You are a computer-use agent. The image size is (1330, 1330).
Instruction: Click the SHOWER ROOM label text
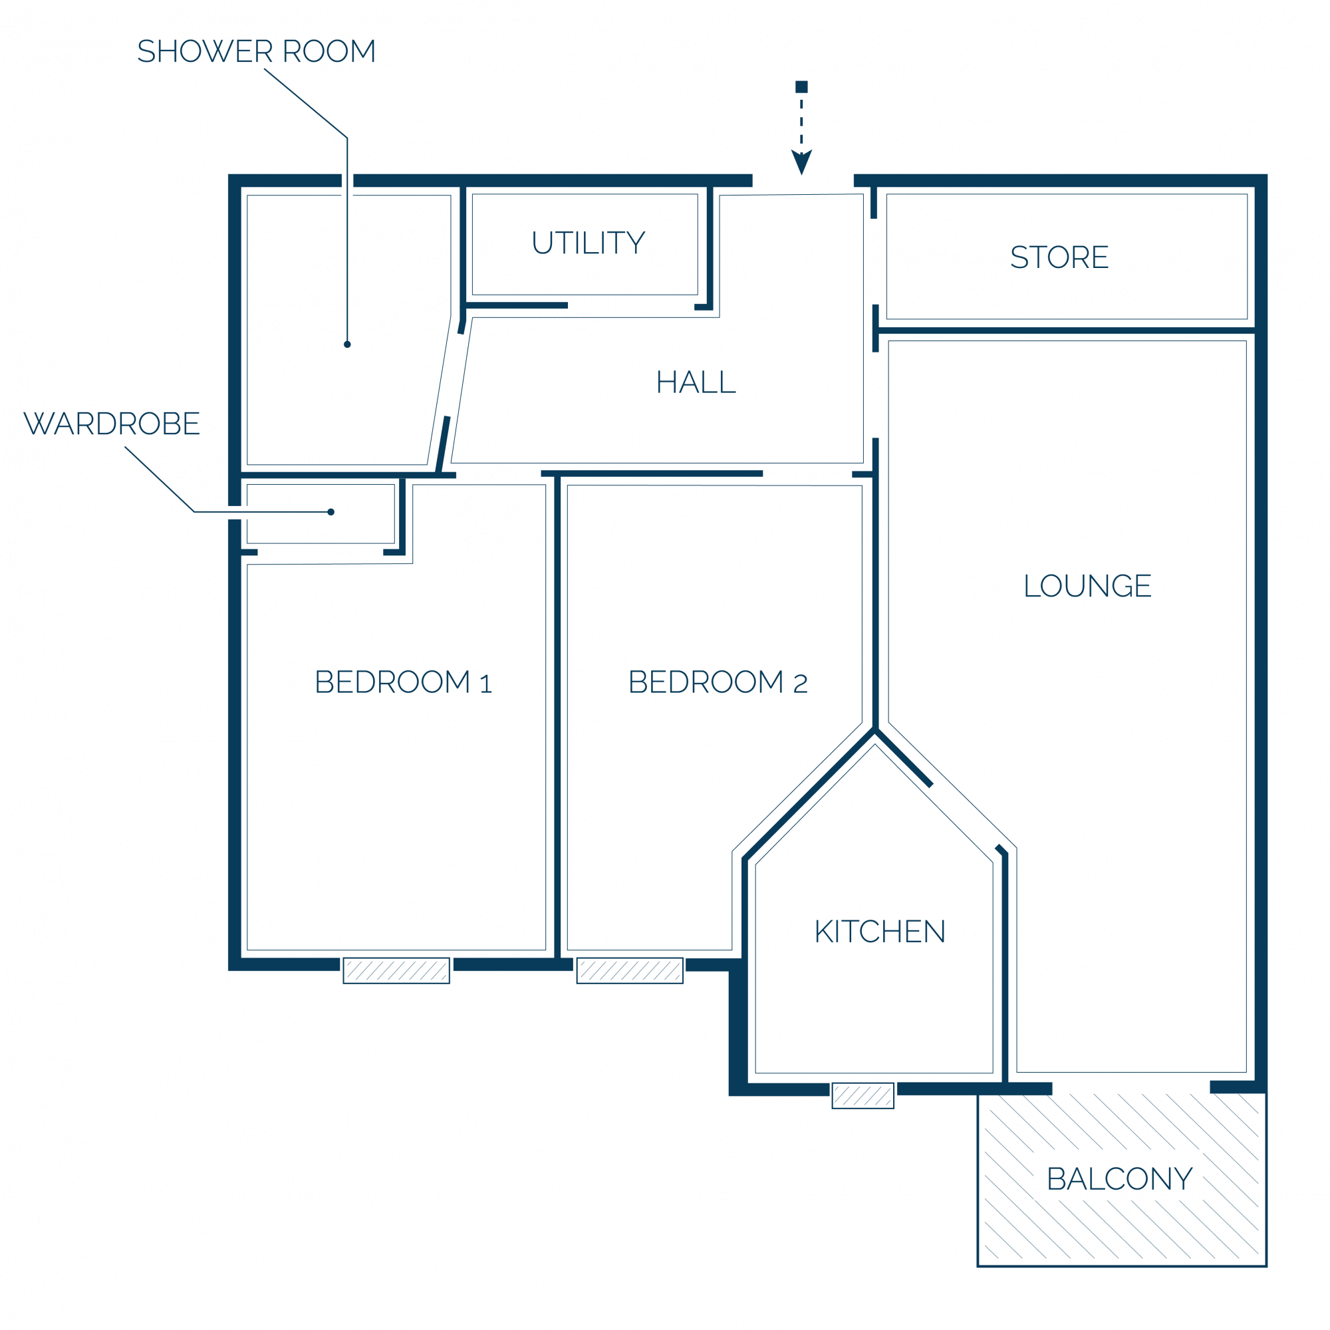point(256,52)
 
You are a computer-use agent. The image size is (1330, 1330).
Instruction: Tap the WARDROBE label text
point(112,424)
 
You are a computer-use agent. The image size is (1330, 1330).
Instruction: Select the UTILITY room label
point(589,243)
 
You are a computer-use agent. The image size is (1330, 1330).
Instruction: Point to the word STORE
point(1059,257)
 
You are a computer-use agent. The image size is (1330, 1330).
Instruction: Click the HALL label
point(696,382)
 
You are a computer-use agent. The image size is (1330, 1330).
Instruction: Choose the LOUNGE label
point(1088,586)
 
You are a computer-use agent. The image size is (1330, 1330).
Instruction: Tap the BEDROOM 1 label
point(404,682)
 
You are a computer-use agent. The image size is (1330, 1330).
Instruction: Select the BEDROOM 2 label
point(718,682)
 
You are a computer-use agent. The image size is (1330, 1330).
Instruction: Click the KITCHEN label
point(880,932)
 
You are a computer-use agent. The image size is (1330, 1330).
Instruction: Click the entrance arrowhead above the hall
point(801,162)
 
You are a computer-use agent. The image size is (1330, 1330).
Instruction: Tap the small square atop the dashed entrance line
point(801,86)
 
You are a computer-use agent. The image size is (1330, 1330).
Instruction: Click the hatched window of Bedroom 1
point(396,971)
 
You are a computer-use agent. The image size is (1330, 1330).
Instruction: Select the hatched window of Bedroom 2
point(630,971)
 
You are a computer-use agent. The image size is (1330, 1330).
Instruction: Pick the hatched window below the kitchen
point(863,1096)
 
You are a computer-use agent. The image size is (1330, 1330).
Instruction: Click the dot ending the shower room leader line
point(348,344)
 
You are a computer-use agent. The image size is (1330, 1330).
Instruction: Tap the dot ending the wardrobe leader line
point(331,512)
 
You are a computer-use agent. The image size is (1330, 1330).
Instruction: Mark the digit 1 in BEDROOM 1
point(486,684)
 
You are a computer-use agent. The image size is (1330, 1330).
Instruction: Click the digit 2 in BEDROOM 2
point(800,684)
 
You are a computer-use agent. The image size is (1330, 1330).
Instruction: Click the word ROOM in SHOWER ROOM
point(329,52)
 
